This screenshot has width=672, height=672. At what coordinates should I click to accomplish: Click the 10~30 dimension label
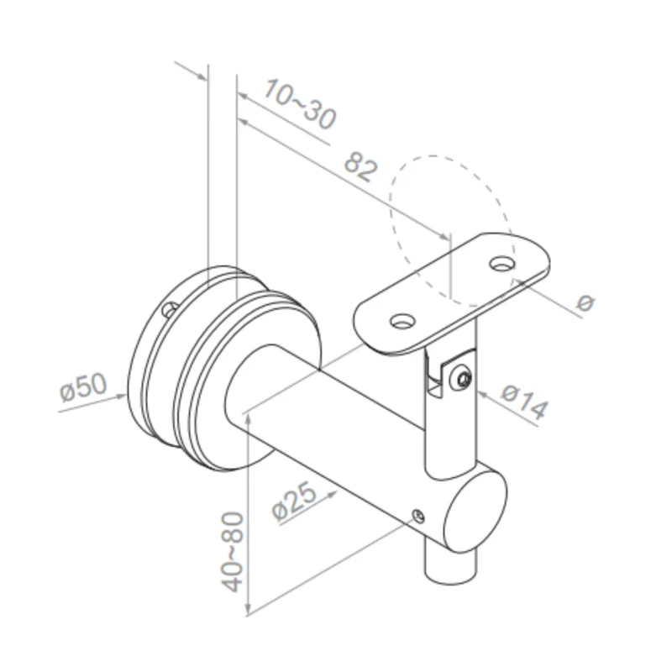299,104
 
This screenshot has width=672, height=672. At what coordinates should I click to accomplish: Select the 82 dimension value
360,167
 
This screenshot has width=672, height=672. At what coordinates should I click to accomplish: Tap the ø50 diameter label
83,387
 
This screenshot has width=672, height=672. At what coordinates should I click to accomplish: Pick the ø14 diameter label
523,402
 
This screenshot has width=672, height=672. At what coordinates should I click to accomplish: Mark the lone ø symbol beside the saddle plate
585,302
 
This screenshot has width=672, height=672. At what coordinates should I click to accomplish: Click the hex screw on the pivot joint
461,381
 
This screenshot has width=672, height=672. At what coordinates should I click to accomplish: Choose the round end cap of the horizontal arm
475,513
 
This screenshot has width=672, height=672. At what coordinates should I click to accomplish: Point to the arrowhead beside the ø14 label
480,390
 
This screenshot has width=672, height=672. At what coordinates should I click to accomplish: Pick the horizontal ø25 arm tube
353,454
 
